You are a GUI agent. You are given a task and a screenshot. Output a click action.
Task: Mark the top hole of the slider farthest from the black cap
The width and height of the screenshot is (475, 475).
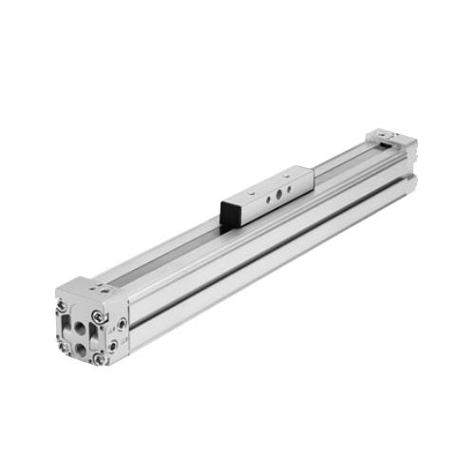point(291,174)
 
